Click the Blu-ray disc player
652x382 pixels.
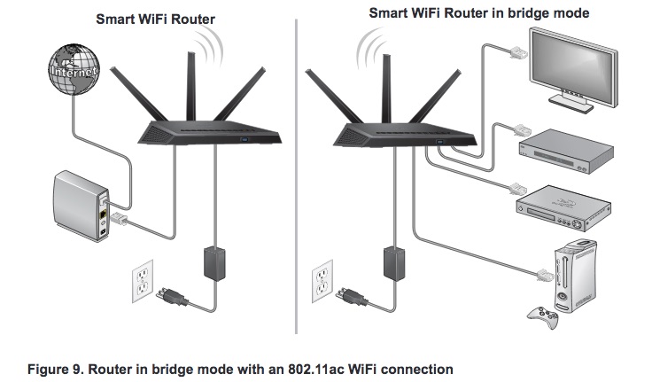click(x=563, y=205)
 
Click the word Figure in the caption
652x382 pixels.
click(x=34, y=366)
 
